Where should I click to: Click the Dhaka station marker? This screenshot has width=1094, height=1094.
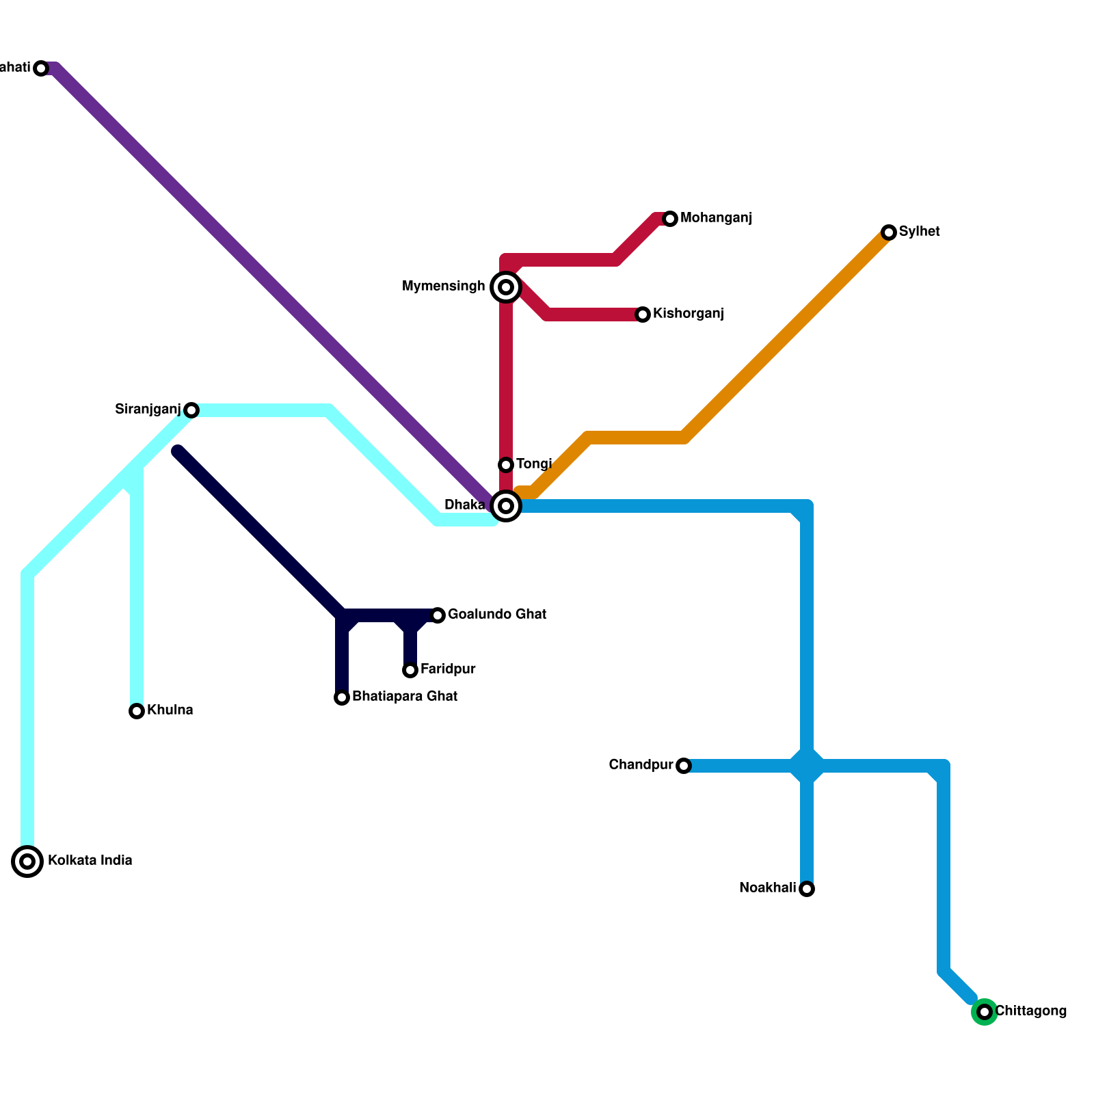click(506, 506)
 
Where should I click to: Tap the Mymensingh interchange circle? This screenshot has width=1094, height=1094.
click(506, 287)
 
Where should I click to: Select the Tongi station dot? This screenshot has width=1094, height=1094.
click(506, 465)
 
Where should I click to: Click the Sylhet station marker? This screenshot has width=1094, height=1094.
click(889, 232)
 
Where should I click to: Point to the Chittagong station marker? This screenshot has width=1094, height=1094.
click(985, 1012)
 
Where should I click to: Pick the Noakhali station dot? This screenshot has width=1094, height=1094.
click(807, 889)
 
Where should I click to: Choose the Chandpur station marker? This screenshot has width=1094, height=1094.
click(684, 766)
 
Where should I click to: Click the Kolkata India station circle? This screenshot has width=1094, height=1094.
click(27, 862)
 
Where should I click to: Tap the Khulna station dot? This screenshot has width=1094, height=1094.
click(137, 711)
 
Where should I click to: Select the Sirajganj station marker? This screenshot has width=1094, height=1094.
click(191, 410)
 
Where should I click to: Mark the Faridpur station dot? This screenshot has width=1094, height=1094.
click(410, 670)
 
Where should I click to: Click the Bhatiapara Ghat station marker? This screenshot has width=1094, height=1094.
click(342, 697)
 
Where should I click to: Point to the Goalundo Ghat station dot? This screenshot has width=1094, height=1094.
click(438, 615)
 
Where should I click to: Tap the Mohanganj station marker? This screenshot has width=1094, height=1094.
click(670, 219)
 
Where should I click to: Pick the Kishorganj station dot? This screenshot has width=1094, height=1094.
click(643, 315)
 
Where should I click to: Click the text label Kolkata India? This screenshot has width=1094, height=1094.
click(90, 861)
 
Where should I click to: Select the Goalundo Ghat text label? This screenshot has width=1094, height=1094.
click(497, 615)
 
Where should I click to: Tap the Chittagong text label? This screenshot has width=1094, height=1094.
click(1030, 1011)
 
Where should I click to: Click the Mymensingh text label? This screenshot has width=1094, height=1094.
click(444, 286)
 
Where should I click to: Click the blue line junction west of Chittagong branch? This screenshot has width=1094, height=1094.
click(807, 766)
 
